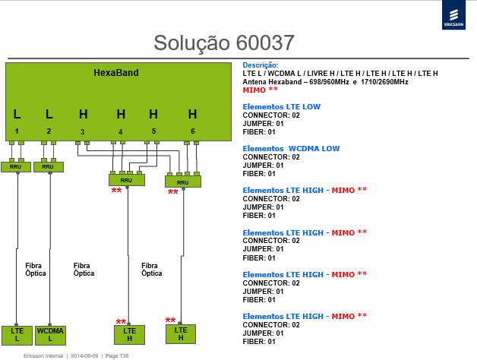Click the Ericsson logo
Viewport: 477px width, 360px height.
pyautogui.click(x=453, y=15)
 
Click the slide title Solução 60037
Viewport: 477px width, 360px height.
pyautogui.click(x=224, y=43)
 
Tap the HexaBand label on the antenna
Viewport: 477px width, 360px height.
pyautogui.click(x=116, y=73)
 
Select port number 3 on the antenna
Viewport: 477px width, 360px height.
pyautogui.click(x=83, y=131)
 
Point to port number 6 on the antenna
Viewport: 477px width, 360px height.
pyautogui.click(x=193, y=131)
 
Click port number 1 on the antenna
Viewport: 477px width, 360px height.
pyautogui.click(x=17, y=131)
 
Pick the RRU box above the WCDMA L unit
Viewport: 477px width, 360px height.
pyautogui.click(x=49, y=167)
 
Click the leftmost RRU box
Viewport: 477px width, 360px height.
pyautogui.click(x=16, y=167)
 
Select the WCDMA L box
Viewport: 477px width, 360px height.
pyautogui.click(x=50, y=335)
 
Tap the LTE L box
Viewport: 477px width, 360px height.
pyautogui.click(x=17, y=335)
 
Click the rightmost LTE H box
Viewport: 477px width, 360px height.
pyautogui.click(x=181, y=334)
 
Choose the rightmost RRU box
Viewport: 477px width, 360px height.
pyautogui.click(x=183, y=182)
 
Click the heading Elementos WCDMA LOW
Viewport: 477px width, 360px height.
pyautogui.click(x=291, y=149)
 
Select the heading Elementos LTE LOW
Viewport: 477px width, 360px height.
pyautogui.click(x=281, y=107)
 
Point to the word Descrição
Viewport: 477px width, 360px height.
pyautogui.click(x=261, y=65)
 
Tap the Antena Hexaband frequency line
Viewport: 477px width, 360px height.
pyautogui.click(x=325, y=82)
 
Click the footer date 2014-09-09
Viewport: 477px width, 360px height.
pyautogui.click(x=84, y=355)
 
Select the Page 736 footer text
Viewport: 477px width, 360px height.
pyautogui.click(x=117, y=355)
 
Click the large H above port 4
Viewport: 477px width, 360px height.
pyautogui.click(x=121, y=114)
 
